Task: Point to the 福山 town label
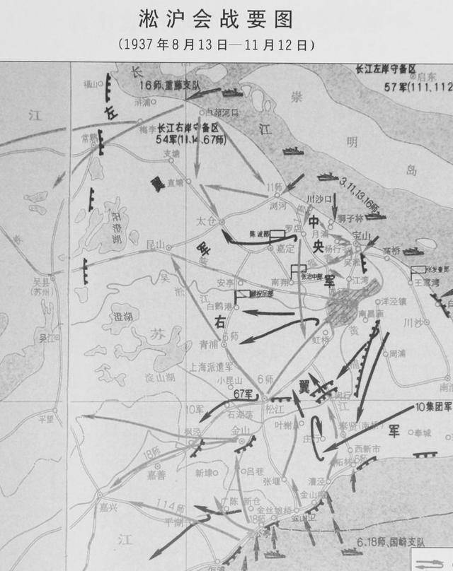pos(92,83)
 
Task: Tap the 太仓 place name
pos(205,221)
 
